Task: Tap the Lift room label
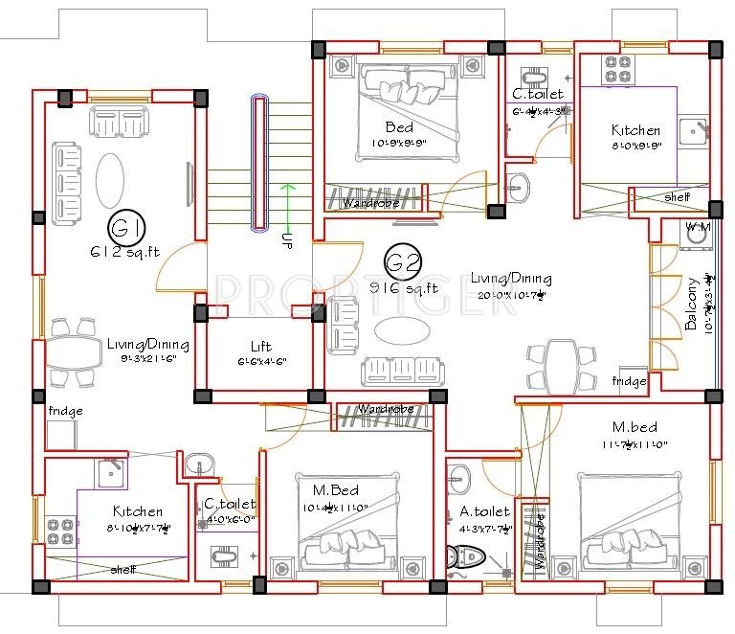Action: coord(260,347)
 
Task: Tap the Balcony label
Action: coord(691,305)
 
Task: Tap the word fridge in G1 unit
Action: coord(67,411)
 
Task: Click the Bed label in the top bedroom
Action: coord(399,127)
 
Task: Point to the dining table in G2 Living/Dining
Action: coord(563,363)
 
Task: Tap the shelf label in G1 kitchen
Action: coord(122,568)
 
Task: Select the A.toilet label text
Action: coord(485,511)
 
